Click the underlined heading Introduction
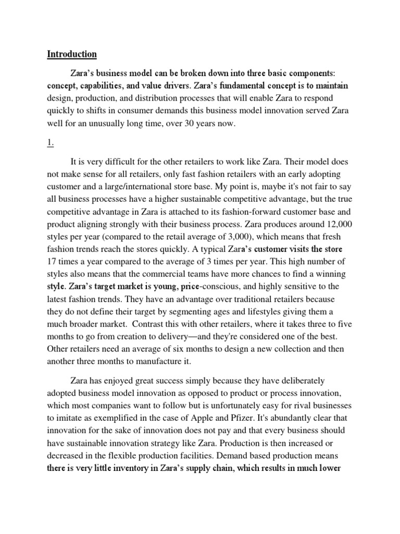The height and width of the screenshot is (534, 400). [72, 54]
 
